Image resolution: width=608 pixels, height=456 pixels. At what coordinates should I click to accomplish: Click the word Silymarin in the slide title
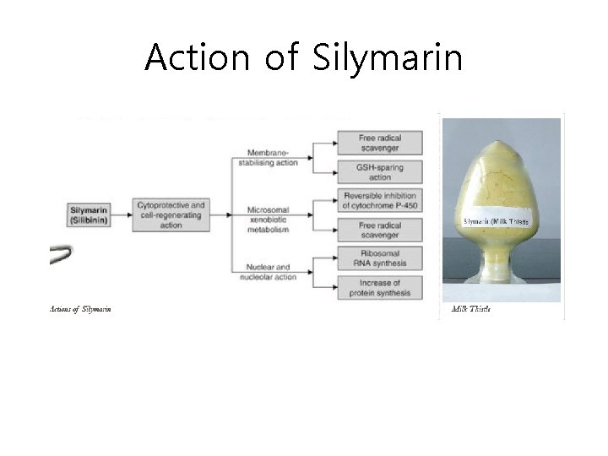tap(388, 57)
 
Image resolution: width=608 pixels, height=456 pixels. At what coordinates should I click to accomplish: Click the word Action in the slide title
tap(197, 57)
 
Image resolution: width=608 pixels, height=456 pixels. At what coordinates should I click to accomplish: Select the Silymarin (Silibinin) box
tap(90, 214)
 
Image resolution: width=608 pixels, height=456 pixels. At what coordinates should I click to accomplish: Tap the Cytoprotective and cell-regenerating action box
tap(170, 214)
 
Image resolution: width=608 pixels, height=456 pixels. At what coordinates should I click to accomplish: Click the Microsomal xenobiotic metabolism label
tap(270, 220)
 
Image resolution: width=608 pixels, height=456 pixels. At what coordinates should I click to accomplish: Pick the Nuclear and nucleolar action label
tap(269, 273)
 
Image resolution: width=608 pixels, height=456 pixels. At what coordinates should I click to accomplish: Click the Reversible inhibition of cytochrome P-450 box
tap(380, 201)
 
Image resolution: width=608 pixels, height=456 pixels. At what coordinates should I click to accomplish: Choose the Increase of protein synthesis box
tap(380, 287)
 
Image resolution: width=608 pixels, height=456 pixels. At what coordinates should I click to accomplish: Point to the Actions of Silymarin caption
tap(81, 308)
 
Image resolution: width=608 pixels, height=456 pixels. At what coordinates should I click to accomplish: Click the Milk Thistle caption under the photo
tap(470, 308)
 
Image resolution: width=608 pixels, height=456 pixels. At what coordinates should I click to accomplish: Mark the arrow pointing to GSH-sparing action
tap(325, 172)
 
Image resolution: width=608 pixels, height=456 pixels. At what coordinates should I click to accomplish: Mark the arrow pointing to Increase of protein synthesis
tap(325, 287)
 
